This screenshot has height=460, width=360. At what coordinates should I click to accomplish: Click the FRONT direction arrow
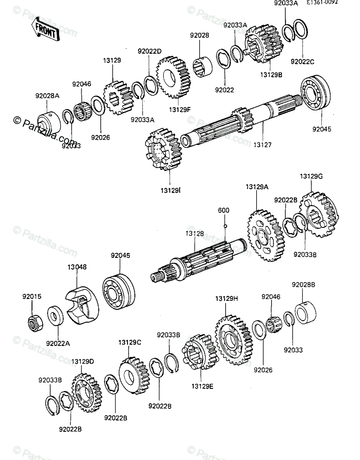pyautogui.click(x=45, y=30)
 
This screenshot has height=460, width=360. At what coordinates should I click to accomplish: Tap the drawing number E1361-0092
pyautogui.click(x=322, y=3)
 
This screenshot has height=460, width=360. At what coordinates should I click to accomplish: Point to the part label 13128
pyautogui.click(x=195, y=233)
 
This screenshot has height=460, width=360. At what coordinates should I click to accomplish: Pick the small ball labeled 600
pyautogui.click(x=226, y=225)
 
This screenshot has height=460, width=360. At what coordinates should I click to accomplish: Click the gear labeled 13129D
pyautogui.click(x=87, y=394)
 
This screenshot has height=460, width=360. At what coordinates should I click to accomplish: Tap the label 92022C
pyautogui.click(x=302, y=61)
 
